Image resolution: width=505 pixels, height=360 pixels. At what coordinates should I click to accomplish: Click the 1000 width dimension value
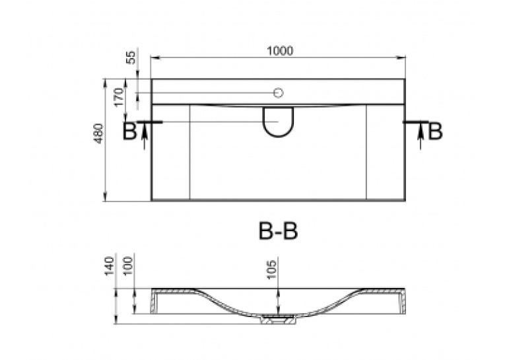click(280, 51)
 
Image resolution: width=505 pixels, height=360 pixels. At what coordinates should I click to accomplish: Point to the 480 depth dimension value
click(99, 133)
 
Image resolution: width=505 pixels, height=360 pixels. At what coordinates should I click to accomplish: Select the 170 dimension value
click(119, 97)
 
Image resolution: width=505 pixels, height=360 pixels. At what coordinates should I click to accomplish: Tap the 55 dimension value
click(132, 57)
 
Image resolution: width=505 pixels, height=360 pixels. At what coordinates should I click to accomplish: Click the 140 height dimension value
click(110, 266)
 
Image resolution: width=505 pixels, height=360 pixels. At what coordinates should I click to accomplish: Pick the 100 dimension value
click(128, 266)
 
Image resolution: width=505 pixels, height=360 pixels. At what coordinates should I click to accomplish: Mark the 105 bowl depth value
click(272, 269)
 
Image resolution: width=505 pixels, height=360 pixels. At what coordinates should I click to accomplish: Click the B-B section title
click(279, 231)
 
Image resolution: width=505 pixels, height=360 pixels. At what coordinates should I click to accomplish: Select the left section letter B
click(130, 132)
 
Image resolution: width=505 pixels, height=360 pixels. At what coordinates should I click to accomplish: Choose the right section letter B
click(435, 131)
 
